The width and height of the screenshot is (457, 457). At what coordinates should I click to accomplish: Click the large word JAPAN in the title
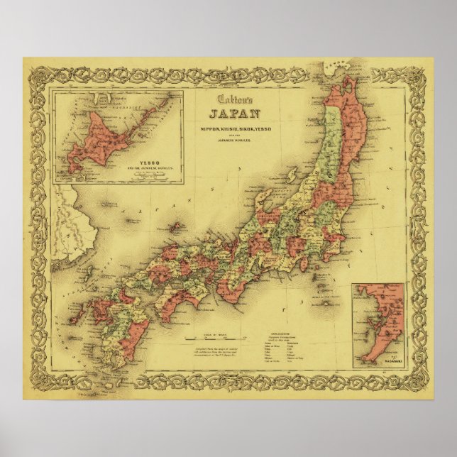tap(234, 113)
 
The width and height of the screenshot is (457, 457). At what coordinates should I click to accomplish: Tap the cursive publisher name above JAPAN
tap(234, 99)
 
